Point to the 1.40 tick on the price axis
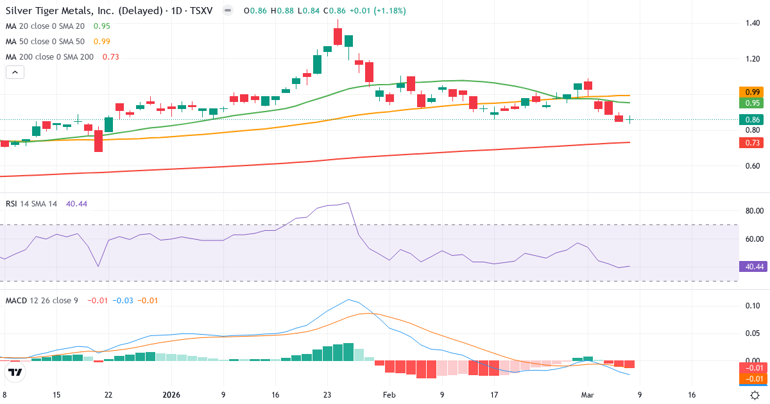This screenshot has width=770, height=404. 753,23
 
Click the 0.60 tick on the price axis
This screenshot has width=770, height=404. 753,166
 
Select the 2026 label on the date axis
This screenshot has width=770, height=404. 171,395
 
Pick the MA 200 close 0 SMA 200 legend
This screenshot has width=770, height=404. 50,57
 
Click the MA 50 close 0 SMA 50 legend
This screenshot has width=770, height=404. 46,42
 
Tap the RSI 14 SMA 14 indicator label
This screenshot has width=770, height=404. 31,204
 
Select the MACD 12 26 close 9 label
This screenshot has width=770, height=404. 42,300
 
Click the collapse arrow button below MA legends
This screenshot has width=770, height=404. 15,72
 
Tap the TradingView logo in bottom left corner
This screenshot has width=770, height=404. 15,372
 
